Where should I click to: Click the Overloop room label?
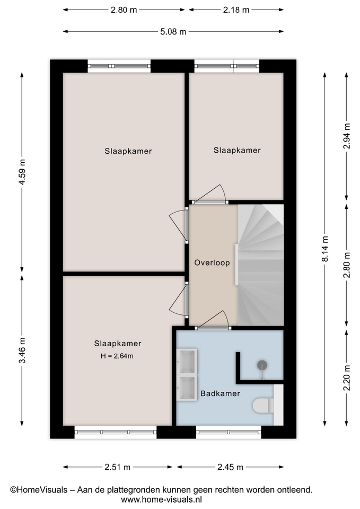coord(212,262)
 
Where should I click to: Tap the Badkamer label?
coord(220,393)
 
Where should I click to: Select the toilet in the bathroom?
coord(263,406)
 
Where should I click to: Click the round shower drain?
coord(262,365)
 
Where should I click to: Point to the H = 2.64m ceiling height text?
coord(117,356)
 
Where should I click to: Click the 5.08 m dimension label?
coord(173,31)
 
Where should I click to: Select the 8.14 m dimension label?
coord(325,249)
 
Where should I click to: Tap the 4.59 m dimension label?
coord(22,172)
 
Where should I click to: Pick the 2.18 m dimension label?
coord(236,10)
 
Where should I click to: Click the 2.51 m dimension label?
coord(117,467)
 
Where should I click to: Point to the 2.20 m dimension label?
coord(347,378)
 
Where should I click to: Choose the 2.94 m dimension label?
coord(347,136)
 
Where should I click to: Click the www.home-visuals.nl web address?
coord(161,499)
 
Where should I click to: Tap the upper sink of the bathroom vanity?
coord(187,362)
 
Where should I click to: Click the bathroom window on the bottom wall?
coord(229,432)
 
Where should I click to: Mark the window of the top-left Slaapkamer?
coord(119,66)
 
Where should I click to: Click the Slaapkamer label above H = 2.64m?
coord(118,344)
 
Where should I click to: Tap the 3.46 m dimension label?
coord(22,350)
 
